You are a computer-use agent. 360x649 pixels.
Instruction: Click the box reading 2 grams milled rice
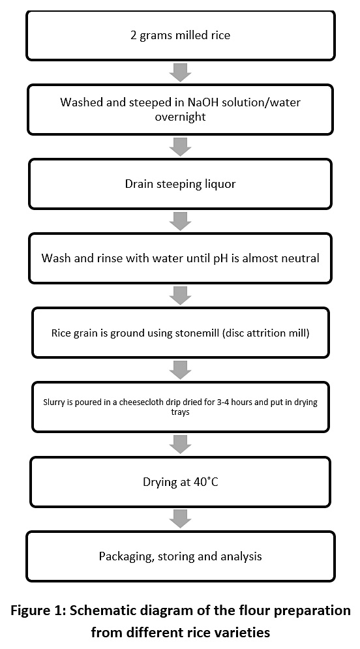tap(181, 35)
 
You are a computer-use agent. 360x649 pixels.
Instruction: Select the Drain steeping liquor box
tap(181, 184)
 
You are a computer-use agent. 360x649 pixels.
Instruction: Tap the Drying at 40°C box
tap(181, 482)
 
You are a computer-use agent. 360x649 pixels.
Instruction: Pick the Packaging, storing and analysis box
tap(181, 556)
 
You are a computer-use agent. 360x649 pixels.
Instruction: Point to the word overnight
tap(181, 117)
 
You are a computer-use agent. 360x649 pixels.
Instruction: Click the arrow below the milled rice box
tap(181, 72)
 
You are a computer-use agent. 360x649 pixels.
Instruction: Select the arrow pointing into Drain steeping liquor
tap(181, 147)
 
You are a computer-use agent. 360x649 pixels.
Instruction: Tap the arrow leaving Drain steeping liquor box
tap(181, 221)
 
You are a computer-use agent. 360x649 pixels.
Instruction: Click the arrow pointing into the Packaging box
tap(181, 519)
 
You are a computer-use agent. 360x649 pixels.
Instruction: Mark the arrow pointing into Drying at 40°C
tap(181, 444)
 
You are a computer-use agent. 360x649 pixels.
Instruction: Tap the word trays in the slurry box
tap(181, 412)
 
